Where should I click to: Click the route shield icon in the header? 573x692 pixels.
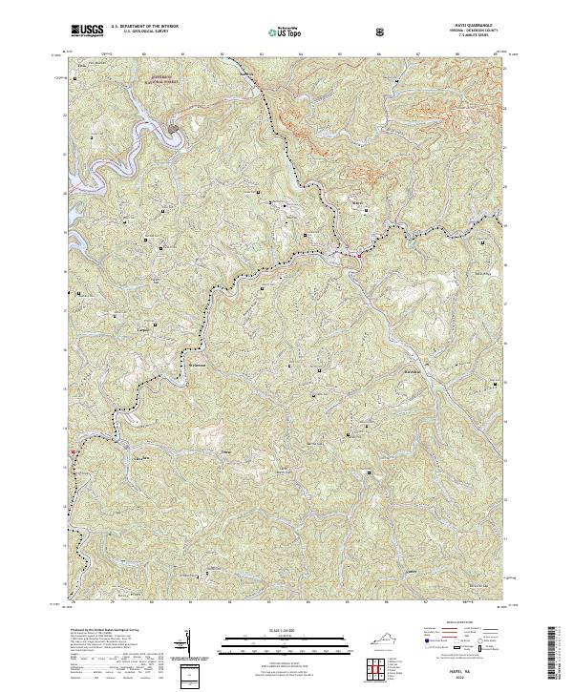point(382,31)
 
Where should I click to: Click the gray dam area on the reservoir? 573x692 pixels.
point(175,125)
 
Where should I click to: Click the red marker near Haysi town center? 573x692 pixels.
point(359,253)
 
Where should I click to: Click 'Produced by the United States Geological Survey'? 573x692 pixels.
point(105,633)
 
